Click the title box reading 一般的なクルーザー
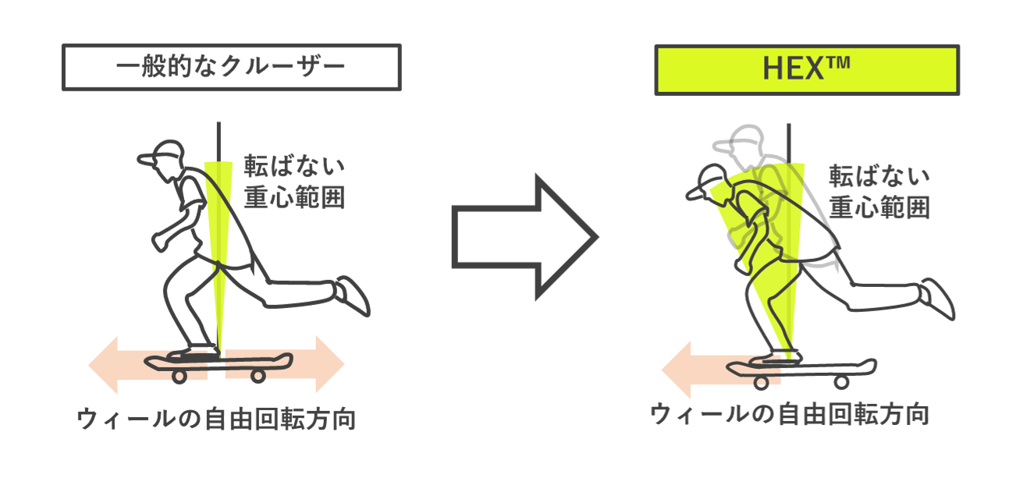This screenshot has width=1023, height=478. (231, 67)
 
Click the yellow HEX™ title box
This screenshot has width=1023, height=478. (806, 70)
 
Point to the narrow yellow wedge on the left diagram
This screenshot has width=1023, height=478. (218, 234)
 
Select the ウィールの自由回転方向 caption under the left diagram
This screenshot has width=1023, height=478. (216, 420)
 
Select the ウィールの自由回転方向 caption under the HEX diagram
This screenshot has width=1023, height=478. (790, 413)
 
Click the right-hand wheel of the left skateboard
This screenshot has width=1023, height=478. (258, 376)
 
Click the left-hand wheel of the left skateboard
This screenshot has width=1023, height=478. (179, 376)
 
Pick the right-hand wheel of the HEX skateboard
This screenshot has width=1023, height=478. (841, 381)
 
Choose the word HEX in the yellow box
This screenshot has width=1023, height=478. (794, 70)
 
